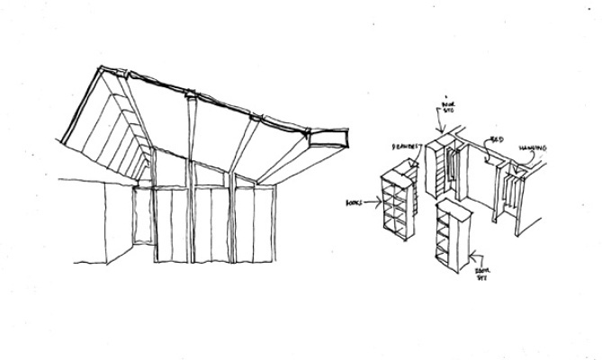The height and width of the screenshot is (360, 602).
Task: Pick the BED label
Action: coord(496,141)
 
